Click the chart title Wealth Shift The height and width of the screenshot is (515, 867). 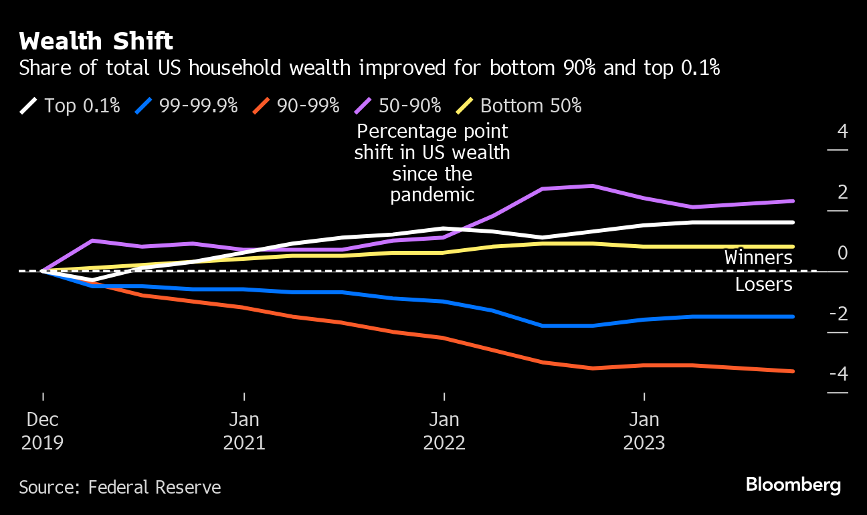coord(96,41)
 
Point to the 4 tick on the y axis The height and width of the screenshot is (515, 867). coord(842,131)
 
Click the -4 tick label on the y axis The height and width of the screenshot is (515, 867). coord(838,374)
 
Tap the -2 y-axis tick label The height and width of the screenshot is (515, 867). coord(838,313)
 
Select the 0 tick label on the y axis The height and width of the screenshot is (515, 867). coord(842,253)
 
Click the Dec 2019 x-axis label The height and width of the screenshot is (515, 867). coord(43,431)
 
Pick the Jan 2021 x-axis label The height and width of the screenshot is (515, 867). coord(244,431)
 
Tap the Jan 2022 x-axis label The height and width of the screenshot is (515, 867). coord(444,431)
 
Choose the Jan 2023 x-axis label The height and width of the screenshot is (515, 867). coord(644,431)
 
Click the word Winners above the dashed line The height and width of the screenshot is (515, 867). coord(759,258)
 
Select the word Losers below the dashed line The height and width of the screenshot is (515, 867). coord(763,284)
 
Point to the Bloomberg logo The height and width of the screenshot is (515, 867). coord(793,485)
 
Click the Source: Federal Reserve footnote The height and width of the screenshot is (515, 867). coord(120,487)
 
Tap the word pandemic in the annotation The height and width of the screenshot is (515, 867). coord(432,195)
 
